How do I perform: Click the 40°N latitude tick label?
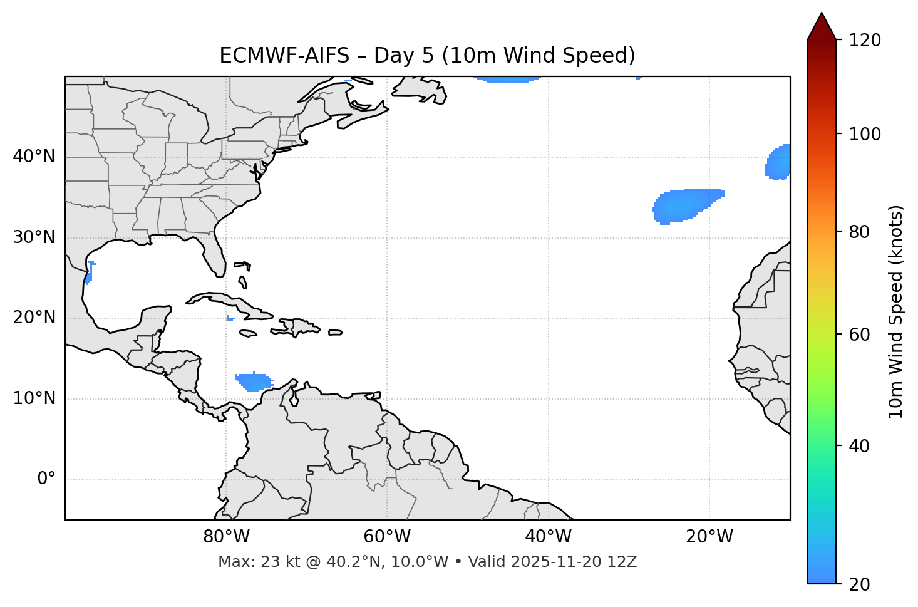coord(34,157)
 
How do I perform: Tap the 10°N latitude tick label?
coord(34,398)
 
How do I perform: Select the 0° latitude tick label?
coord(46,479)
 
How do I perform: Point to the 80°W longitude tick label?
coord(226,537)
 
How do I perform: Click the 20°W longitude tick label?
coord(709,537)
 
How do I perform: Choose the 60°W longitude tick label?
coord(387,537)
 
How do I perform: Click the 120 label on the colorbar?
coord(865,41)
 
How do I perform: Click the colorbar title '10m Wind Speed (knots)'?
coord(896,311)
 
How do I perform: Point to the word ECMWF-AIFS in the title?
coord(284,56)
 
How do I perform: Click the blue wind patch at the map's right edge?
coord(779,162)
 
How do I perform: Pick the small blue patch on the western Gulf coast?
coord(90,273)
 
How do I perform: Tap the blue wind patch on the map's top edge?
coord(507,80)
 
